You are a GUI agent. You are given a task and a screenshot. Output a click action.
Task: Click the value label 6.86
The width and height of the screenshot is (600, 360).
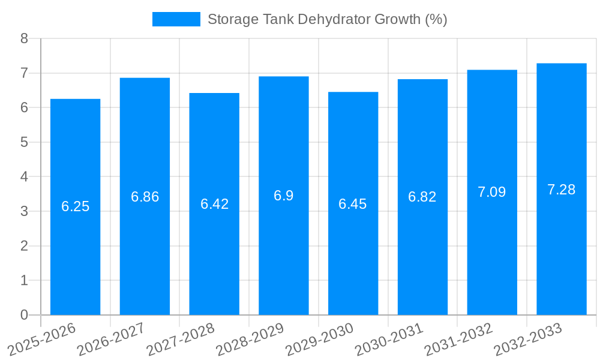click(145, 197)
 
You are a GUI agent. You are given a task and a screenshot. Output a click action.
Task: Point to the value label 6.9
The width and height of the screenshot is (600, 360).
click(283, 196)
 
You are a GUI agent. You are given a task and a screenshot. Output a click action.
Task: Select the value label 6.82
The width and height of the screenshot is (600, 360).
click(422, 197)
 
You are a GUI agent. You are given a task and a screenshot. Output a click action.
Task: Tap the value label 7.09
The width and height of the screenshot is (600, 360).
click(491, 192)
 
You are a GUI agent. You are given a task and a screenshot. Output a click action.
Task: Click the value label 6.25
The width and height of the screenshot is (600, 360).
click(75, 206)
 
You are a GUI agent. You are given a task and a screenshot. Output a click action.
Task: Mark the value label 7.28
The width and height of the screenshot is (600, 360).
click(561, 190)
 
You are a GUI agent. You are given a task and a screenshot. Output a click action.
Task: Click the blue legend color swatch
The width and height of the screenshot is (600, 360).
click(176, 19)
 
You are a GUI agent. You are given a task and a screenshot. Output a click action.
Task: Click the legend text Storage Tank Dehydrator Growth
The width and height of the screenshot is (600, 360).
click(327, 19)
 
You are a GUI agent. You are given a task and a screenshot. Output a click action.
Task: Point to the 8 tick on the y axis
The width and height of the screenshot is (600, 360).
click(24, 38)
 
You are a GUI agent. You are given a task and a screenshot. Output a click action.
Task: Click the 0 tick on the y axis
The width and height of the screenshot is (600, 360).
click(24, 315)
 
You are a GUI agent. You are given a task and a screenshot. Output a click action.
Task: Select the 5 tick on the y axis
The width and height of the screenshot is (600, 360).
click(24, 142)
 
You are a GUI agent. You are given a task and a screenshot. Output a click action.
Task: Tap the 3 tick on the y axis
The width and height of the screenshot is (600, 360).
click(24, 211)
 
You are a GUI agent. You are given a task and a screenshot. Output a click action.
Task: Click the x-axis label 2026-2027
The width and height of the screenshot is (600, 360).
click(112, 339)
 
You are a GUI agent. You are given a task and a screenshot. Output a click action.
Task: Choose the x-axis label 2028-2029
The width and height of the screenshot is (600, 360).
click(250, 339)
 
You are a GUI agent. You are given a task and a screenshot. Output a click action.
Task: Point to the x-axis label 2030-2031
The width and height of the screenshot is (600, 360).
click(389, 339)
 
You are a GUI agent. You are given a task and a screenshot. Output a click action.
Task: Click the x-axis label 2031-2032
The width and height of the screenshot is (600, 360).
click(459, 339)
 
